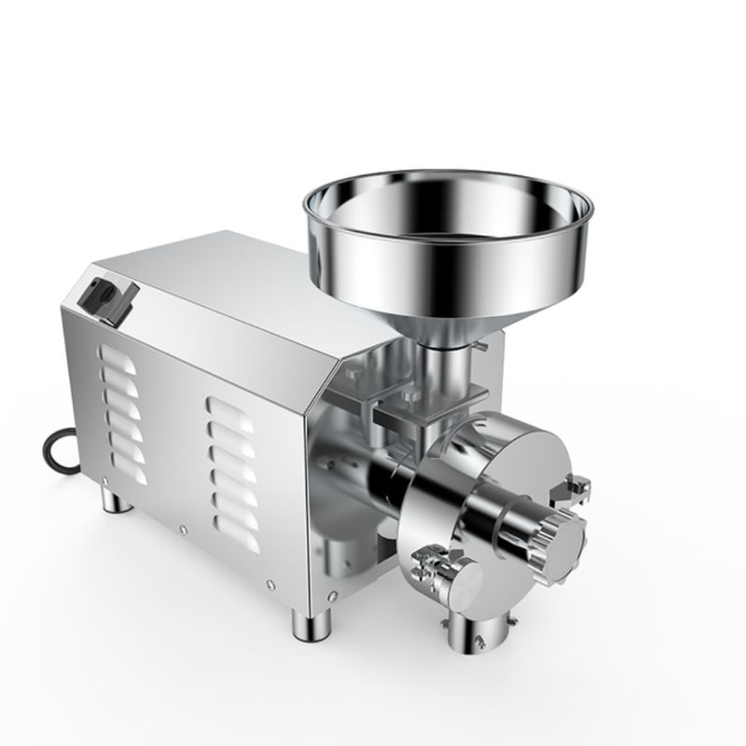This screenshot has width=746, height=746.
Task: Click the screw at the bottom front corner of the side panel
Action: pos(270,586)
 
